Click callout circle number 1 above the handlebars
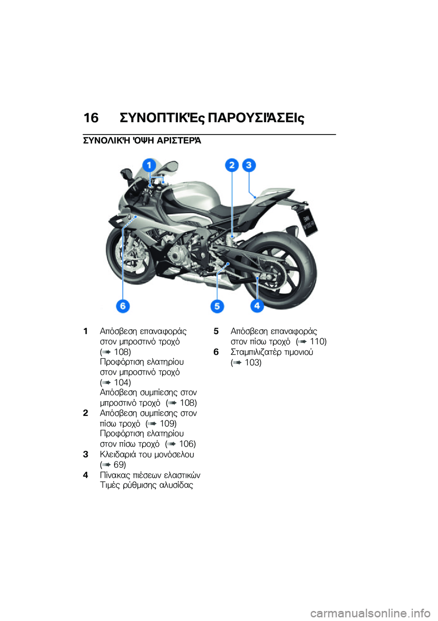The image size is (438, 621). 149,165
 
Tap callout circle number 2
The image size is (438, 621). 232,165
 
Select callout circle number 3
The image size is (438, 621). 249,165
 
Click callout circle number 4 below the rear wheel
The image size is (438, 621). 257,305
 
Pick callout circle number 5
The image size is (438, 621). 217,306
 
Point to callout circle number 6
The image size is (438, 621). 123,306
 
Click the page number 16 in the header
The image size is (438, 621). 91,118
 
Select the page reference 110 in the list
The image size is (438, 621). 318,342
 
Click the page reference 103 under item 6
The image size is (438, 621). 252,362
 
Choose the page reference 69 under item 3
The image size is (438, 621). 119,465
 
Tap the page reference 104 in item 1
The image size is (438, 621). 122,383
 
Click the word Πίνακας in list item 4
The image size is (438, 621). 115,475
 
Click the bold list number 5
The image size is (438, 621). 216,331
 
